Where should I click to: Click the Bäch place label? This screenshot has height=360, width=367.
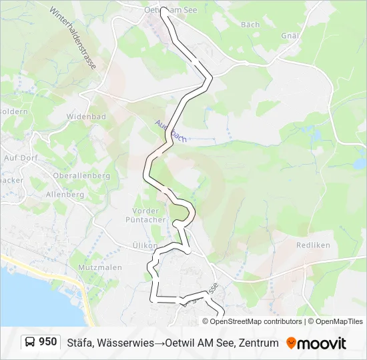click(x=250, y=25)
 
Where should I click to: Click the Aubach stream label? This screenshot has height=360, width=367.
click(x=170, y=131)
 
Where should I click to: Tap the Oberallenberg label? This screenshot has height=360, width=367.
click(x=67, y=175)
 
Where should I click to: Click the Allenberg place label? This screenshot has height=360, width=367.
click(x=65, y=195)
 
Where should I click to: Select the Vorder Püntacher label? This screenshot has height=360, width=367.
click(x=141, y=215)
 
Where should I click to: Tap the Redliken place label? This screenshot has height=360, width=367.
click(x=313, y=245)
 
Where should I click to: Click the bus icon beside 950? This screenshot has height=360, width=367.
click(x=31, y=343)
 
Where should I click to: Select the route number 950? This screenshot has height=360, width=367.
click(x=48, y=342)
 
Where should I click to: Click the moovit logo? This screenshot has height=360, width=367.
click(x=316, y=343)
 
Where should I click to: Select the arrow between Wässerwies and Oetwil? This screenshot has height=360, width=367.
click(x=161, y=343)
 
